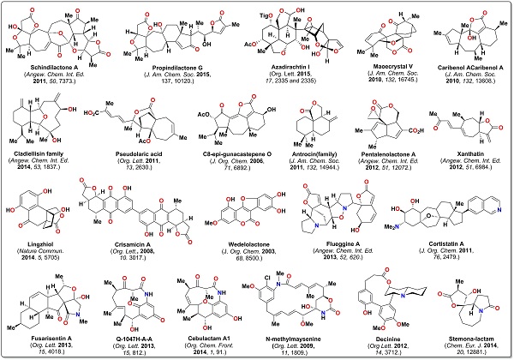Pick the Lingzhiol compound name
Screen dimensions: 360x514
(42, 246)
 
